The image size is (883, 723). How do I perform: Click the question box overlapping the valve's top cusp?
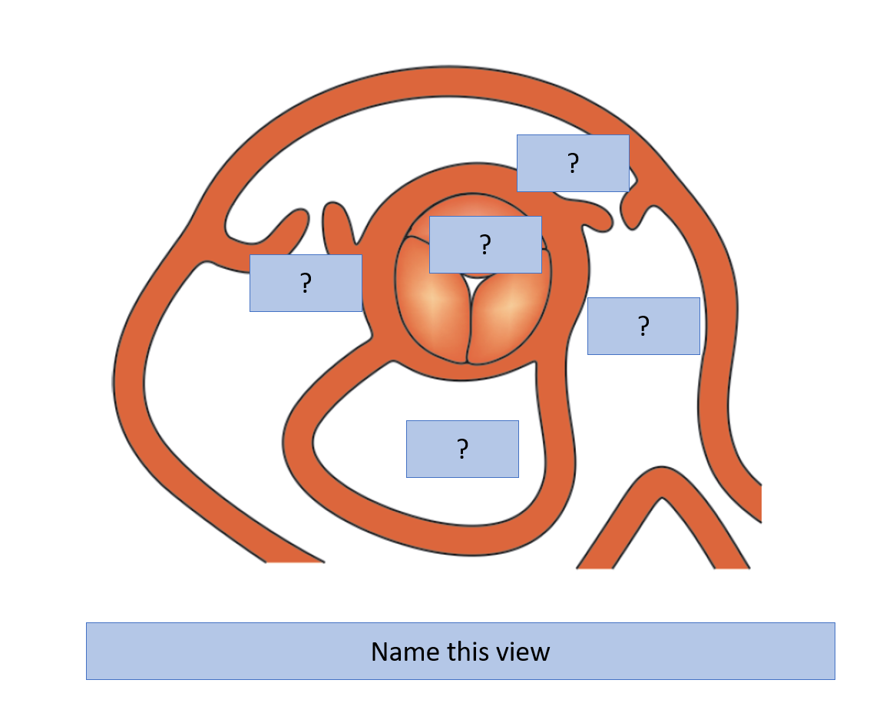[x=485, y=245]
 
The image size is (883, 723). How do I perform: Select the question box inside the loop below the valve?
[x=462, y=449]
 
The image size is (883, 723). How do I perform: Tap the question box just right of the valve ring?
[x=643, y=326]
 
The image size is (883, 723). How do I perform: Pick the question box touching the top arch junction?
[x=573, y=163]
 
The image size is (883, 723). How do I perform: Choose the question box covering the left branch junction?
[x=306, y=283]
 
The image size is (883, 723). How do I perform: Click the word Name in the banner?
[x=405, y=652]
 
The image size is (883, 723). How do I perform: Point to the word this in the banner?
[x=468, y=652]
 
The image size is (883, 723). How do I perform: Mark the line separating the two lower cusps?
[x=469, y=330]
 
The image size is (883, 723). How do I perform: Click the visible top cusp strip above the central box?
[x=476, y=205]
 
